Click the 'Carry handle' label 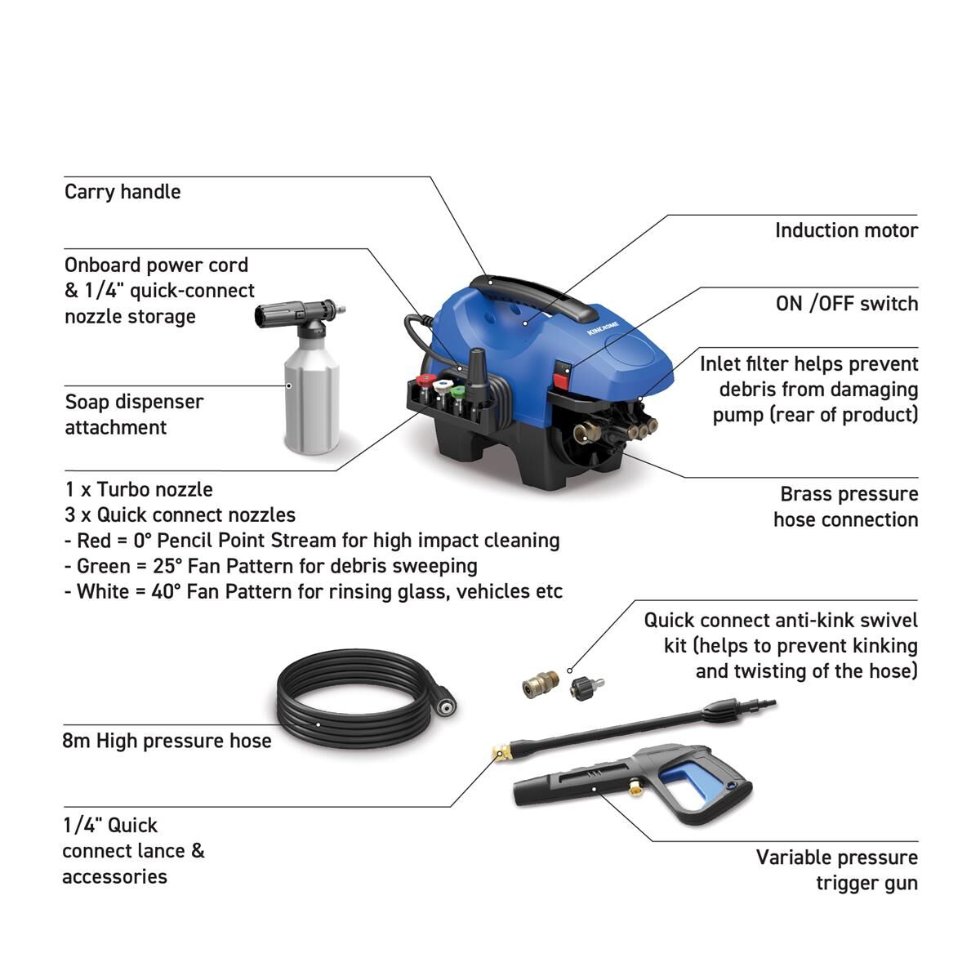tap(122, 192)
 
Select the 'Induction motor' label tap(846, 230)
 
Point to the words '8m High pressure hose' tap(167, 741)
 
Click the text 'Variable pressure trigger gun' tap(836, 870)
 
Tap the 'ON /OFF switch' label tap(846, 304)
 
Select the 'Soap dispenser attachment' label tap(134, 414)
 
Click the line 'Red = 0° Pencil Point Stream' tap(312, 541)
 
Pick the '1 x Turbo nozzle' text tap(139, 490)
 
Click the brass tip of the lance tap(497, 752)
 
